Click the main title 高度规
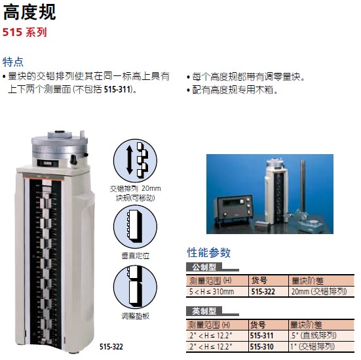pos(29,12)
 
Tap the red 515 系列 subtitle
pos(25,32)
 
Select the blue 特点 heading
pos(13,62)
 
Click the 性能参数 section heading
pos(208,252)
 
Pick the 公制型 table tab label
pos(204,267)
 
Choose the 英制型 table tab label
pos(204,311)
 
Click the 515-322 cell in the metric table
pos(263,292)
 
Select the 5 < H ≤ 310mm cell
pos(212,292)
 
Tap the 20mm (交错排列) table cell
pos(319,292)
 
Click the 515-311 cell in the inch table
pos(262,336)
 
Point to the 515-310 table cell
pos(262,347)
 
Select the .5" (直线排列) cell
pos(313,336)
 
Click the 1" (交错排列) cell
pos(313,347)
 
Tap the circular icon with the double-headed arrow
pos(135,161)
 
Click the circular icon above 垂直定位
pos(135,226)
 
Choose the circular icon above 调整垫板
pos(135,287)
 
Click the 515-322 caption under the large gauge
pos(111,347)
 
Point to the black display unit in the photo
pos(233,209)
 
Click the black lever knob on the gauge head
pos(73,159)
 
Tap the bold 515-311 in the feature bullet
pos(117,89)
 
